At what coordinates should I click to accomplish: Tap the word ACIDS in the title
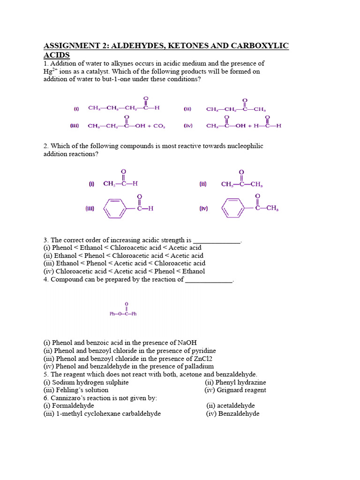coord(57,55)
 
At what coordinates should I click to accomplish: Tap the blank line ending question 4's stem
coord(209,280)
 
